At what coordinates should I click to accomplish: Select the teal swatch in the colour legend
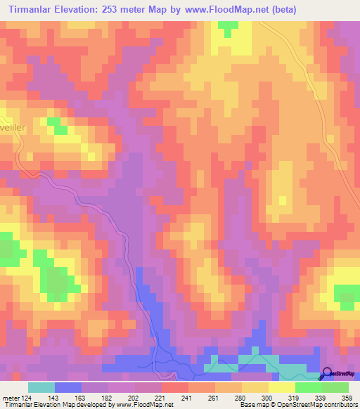pos(41,387)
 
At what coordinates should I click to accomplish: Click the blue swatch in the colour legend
pos(68,387)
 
